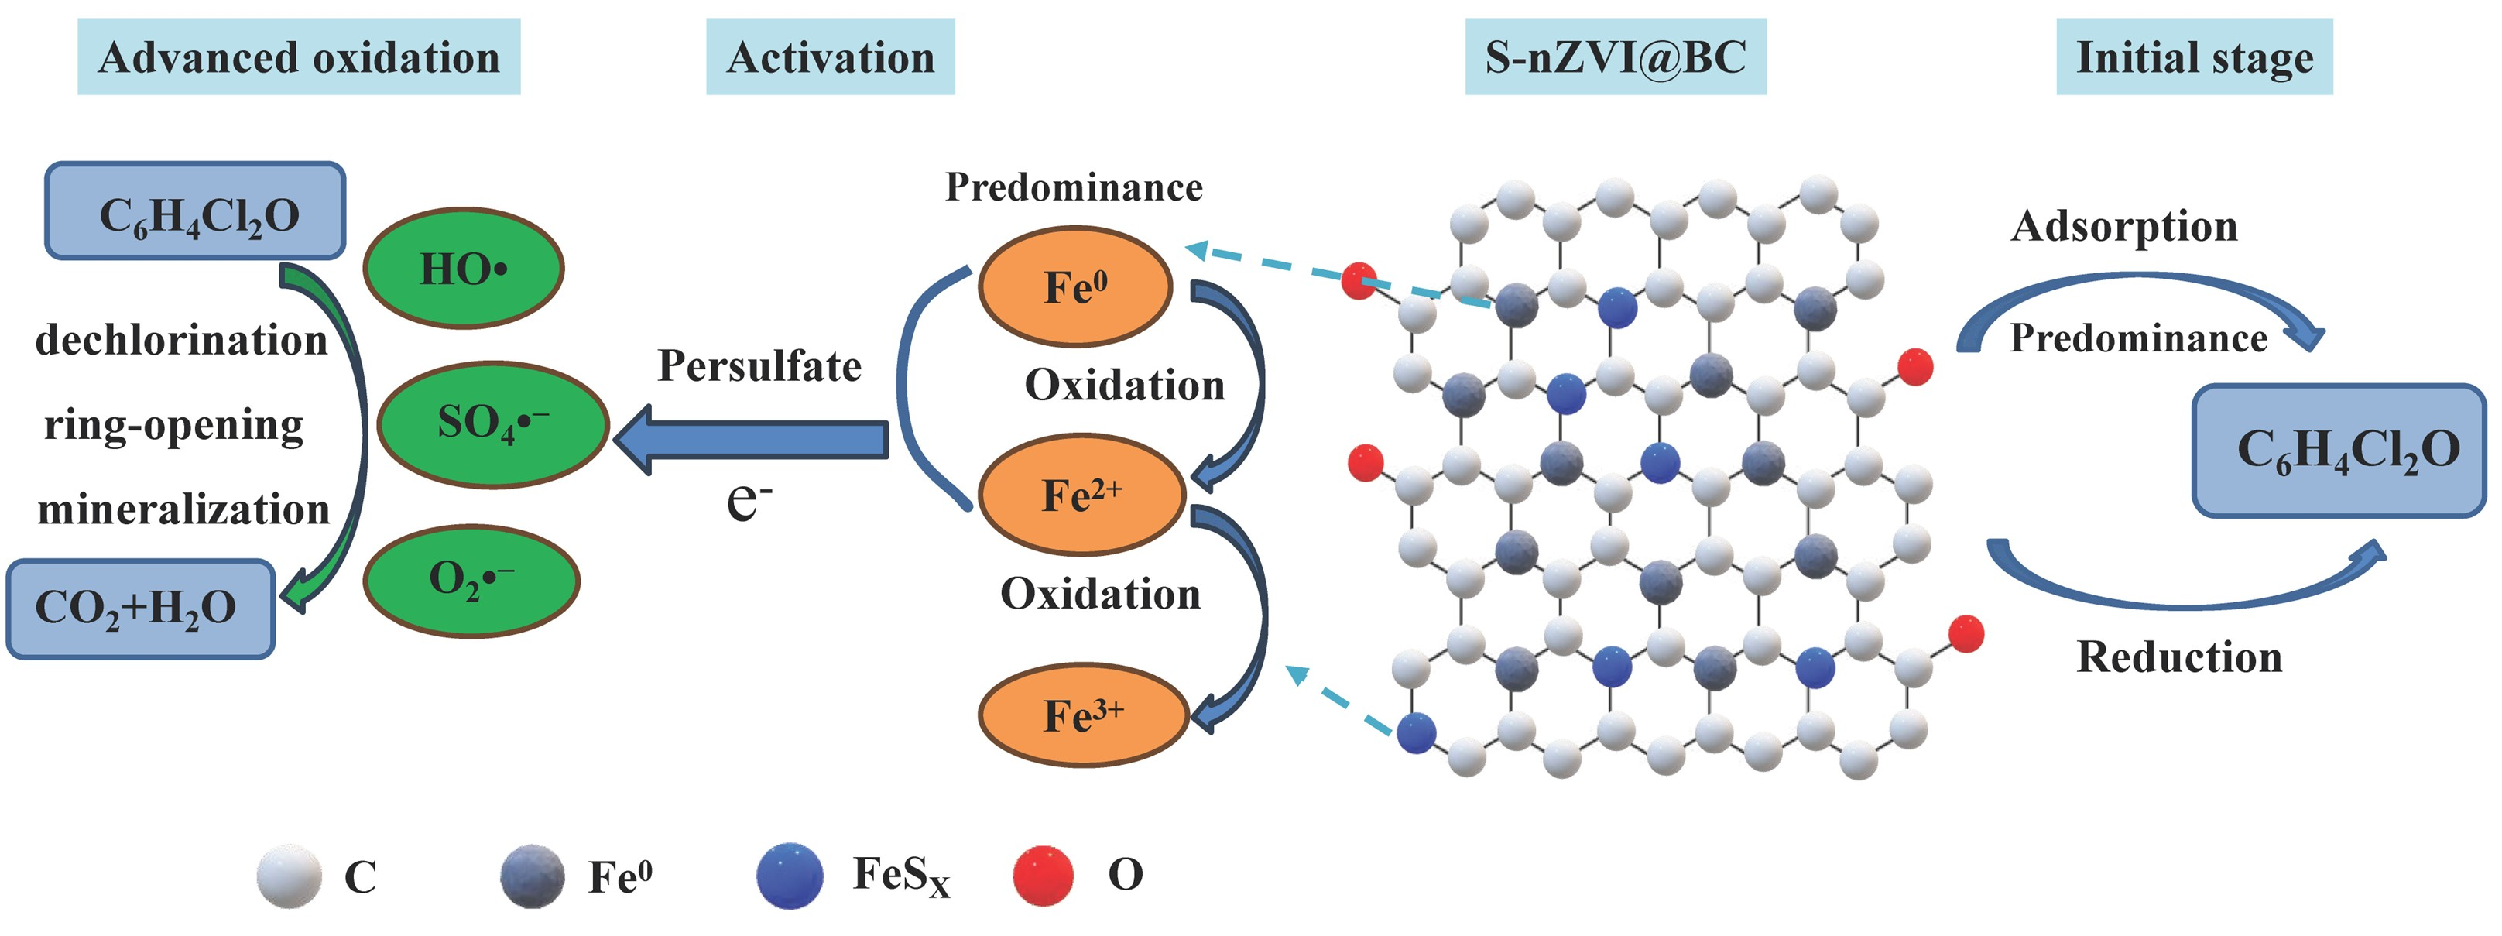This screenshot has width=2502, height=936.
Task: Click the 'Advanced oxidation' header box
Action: point(298,57)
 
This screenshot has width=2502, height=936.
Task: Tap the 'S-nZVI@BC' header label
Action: point(1614,57)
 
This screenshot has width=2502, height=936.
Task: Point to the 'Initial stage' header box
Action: point(2193,57)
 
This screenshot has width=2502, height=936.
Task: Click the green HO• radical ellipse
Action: point(463,268)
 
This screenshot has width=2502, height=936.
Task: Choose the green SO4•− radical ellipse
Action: point(492,423)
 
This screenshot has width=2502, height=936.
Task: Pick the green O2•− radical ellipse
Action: point(471,581)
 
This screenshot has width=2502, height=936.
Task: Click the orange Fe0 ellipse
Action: point(1075,286)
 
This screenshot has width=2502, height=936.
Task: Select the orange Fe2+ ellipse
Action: point(1081,494)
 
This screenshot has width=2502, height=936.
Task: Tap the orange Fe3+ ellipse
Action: point(1083,715)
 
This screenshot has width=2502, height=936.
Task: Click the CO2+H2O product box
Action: point(140,609)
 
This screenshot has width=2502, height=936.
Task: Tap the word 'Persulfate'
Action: point(759,366)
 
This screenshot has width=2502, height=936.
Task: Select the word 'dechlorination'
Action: point(182,341)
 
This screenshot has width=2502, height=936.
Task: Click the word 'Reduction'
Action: point(2178,657)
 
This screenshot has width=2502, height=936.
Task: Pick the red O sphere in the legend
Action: point(1042,875)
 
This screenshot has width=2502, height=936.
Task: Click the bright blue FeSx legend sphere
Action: point(790,875)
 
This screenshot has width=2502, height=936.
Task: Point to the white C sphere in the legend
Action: point(289,876)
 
